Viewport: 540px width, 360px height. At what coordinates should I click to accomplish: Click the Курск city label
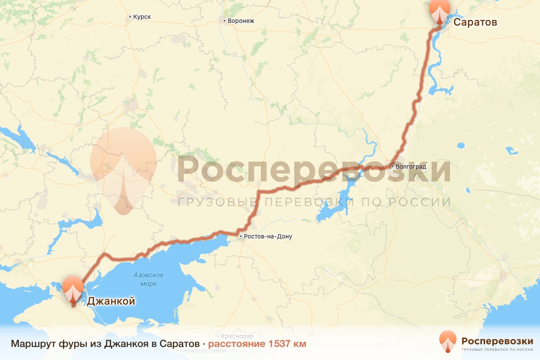point(142,17)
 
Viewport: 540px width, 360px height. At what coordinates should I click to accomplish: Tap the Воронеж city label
point(241,21)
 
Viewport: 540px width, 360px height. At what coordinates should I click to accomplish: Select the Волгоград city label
point(411,167)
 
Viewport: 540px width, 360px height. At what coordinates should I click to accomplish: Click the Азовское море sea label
point(148,279)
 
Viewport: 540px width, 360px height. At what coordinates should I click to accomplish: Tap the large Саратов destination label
point(475,22)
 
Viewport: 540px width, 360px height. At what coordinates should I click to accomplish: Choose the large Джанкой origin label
point(111,301)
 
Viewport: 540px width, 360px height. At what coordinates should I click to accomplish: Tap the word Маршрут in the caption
point(33,344)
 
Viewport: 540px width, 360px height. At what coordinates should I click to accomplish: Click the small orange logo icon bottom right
point(448,342)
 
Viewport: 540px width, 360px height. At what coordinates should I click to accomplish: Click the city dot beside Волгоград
point(392,167)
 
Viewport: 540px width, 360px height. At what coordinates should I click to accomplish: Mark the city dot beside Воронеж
point(224,21)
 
